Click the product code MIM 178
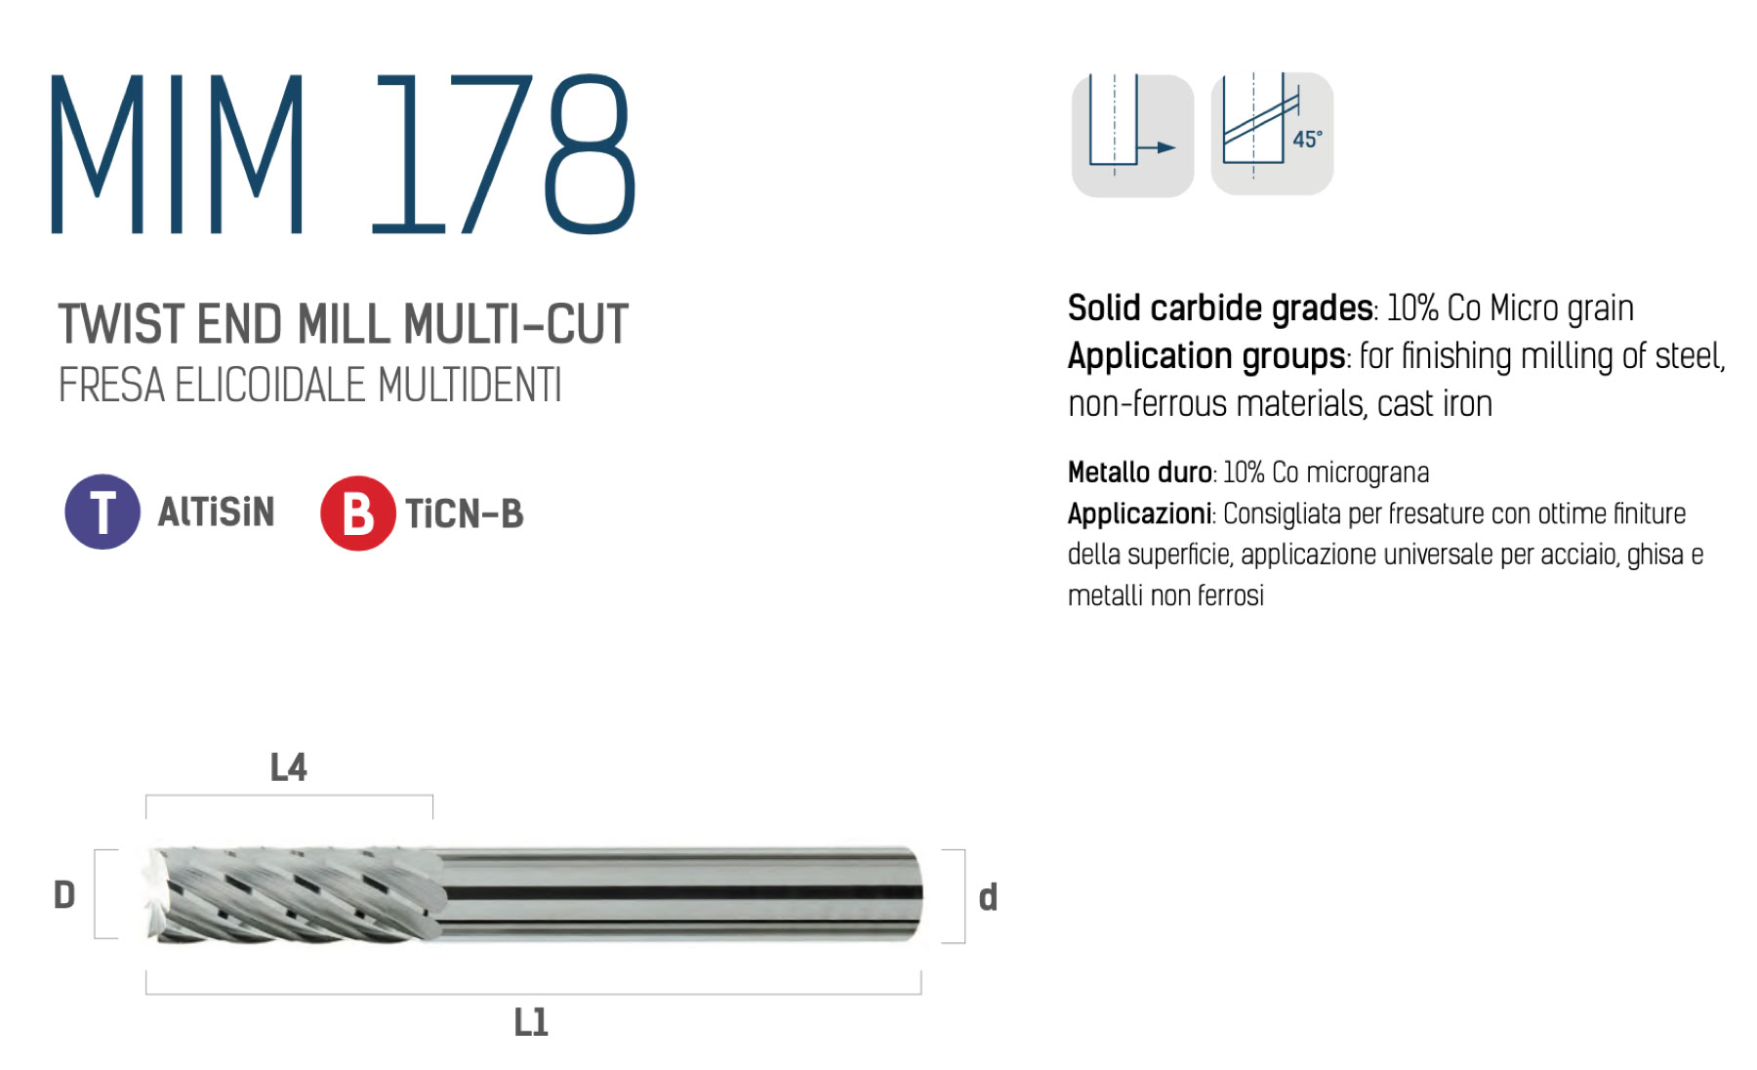(343, 154)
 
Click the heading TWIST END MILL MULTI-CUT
(343, 324)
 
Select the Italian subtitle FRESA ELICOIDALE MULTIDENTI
(309, 385)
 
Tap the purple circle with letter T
(102, 512)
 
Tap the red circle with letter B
(358, 514)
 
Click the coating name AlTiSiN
(216, 512)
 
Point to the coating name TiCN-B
(465, 514)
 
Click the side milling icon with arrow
(1132, 135)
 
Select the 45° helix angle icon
(1272, 134)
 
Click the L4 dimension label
(288, 767)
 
